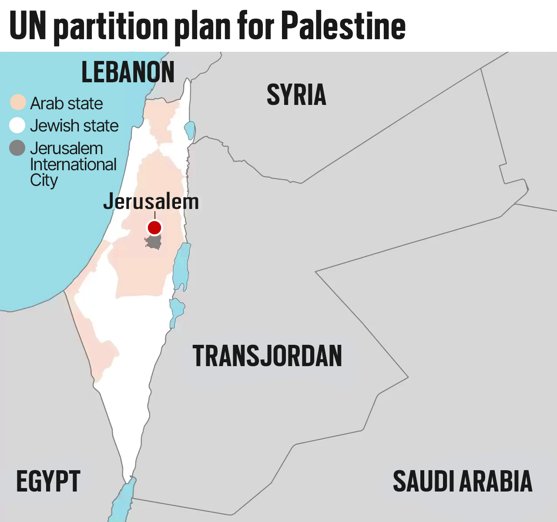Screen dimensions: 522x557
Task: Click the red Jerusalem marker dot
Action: click(154, 227)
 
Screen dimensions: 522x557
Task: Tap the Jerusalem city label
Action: click(151, 202)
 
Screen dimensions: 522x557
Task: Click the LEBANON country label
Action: click(128, 72)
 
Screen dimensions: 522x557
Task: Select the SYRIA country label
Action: click(296, 95)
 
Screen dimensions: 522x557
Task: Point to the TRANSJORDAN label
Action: click(267, 356)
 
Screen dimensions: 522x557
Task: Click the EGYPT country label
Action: click(48, 482)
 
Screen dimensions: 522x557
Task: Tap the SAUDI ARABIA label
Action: click(463, 482)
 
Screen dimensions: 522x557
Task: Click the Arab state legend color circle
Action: click(18, 103)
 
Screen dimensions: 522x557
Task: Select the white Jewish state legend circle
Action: click(17, 125)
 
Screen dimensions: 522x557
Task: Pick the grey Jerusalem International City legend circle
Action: click(17, 148)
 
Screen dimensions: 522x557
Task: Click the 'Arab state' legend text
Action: click(67, 104)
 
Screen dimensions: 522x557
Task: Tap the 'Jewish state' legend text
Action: click(74, 126)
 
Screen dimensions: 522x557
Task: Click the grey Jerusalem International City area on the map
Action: click(153, 242)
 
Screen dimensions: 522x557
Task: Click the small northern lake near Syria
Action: click(190, 130)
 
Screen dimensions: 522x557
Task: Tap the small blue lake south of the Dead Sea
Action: click(176, 310)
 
